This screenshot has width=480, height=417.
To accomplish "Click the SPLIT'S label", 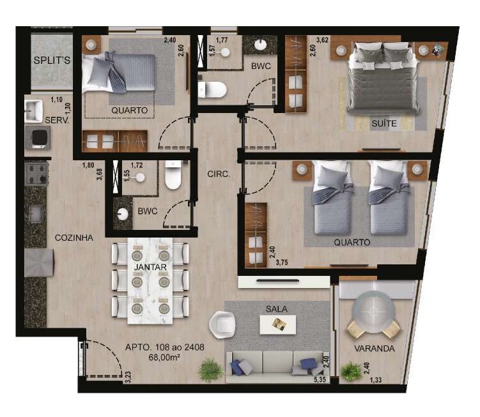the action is click(x=52, y=60).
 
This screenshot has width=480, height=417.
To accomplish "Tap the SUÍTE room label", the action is click(x=384, y=123).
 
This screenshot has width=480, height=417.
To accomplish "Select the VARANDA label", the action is click(x=375, y=349).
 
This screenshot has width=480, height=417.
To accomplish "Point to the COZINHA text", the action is click(x=74, y=238).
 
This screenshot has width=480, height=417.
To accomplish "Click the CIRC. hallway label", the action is click(x=219, y=174).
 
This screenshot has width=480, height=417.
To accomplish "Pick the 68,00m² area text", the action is click(x=164, y=357).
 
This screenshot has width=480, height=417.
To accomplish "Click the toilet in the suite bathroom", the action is click(x=212, y=89).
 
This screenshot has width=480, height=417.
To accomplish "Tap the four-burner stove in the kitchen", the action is click(x=36, y=174).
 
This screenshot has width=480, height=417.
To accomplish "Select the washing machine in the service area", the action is click(x=38, y=138).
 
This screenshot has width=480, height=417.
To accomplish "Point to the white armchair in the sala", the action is click(x=222, y=324).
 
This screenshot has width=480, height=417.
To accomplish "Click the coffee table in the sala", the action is click(x=278, y=324).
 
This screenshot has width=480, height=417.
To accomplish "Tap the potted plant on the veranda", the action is click(x=351, y=372).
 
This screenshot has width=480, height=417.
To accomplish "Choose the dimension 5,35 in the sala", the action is click(x=322, y=380).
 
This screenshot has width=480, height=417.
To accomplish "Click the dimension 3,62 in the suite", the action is click(x=322, y=40).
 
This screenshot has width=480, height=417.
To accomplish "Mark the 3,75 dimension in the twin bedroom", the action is click(x=282, y=262).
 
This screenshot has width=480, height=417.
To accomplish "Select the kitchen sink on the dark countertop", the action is click(x=36, y=213).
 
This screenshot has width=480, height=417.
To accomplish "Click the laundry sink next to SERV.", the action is click(x=34, y=110).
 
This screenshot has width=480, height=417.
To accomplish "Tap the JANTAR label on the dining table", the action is click(x=150, y=267).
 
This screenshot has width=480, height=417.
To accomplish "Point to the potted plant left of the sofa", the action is click(x=210, y=370).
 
